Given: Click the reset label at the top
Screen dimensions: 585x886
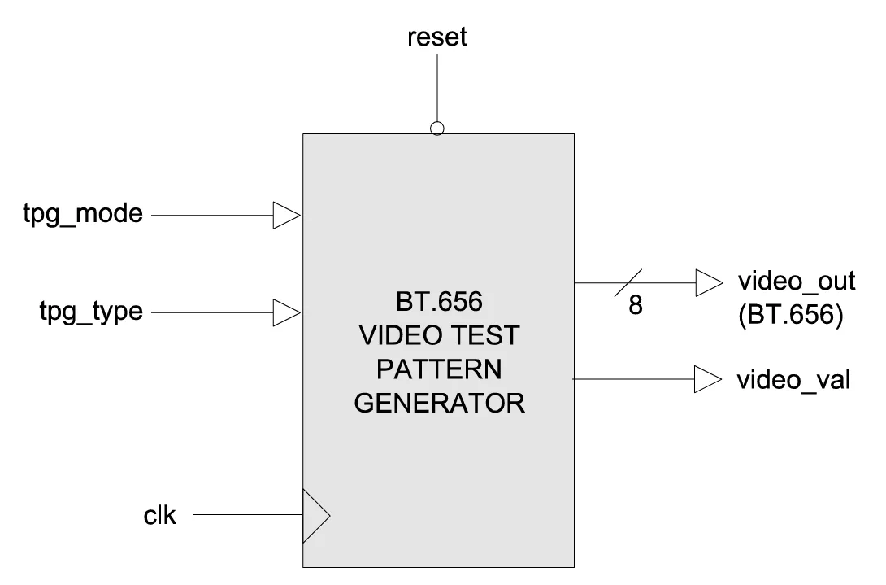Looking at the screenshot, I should pos(437,37).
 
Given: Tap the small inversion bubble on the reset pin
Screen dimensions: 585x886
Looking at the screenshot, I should pos(437,128).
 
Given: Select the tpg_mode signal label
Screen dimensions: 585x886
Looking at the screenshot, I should pos(84,216).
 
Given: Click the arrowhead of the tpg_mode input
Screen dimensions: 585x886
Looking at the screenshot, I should pos(286,216).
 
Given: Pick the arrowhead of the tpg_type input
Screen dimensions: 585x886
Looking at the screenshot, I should pos(286,311).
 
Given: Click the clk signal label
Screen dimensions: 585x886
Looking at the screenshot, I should pos(159,515).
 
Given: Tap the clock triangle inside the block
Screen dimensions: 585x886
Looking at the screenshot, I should pos(315,515).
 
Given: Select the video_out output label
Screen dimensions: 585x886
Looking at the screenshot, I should pos(796,282).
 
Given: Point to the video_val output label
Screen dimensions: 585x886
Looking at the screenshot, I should pos(793,379).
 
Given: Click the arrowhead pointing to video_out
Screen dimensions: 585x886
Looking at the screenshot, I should pos(708,283).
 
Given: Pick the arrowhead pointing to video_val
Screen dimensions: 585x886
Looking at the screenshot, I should pos(708,378).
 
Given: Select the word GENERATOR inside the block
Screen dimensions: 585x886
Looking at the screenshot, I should pos(439,404).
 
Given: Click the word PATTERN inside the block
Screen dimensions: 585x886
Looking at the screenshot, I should pos(439,370).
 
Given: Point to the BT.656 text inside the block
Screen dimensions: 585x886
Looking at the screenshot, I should pos(439,303).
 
